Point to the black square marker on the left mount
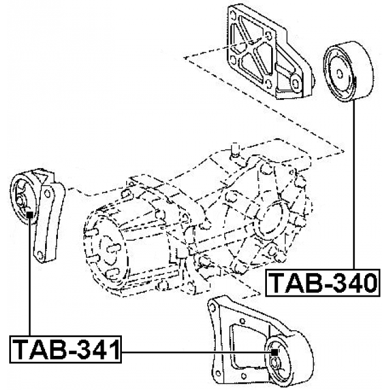[x=29, y=213]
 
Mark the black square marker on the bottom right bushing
[x=275, y=352]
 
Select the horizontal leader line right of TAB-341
[x=195, y=352]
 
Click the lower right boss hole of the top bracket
[x=295, y=83]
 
